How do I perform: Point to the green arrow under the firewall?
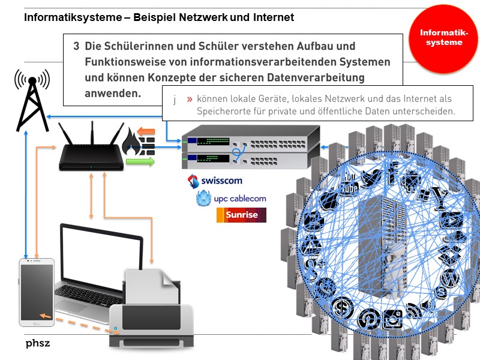[x=140, y=161]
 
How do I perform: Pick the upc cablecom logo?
[x=231, y=198]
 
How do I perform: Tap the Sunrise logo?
[x=241, y=215]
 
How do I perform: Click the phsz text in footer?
[x=37, y=344]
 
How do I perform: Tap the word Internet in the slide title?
[x=274, y=17]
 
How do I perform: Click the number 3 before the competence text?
[x=76, y=46]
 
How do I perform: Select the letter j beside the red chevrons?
[x=175, y=99]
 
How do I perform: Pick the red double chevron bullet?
[x=189, y=99]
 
